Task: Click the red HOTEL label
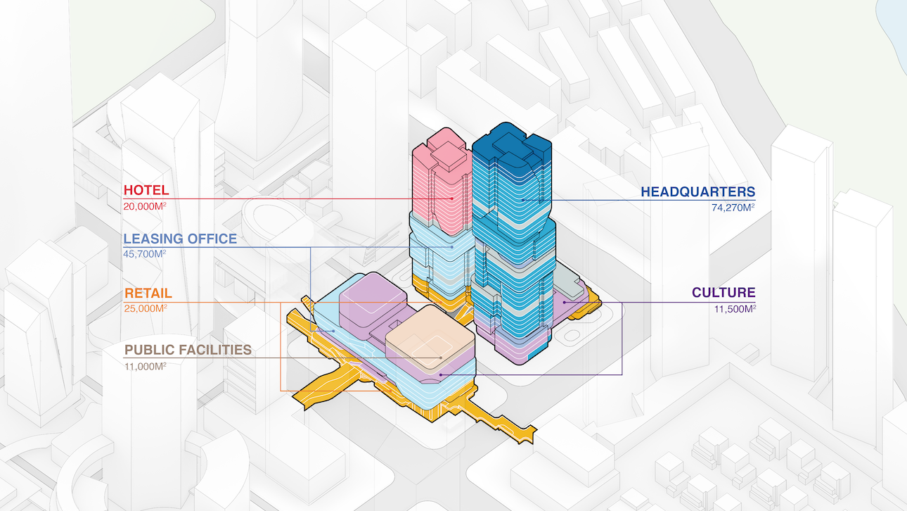146,190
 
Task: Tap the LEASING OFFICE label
180,239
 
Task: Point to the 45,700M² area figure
146,253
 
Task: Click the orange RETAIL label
148,294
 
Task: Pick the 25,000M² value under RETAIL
146,308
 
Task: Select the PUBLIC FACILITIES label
188,350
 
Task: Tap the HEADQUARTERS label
697,191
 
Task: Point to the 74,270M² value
733,207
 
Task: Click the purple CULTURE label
723,293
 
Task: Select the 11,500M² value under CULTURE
733,308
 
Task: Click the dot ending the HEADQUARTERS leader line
524,200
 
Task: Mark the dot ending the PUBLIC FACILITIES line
441,358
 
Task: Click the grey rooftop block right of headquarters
568,285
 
